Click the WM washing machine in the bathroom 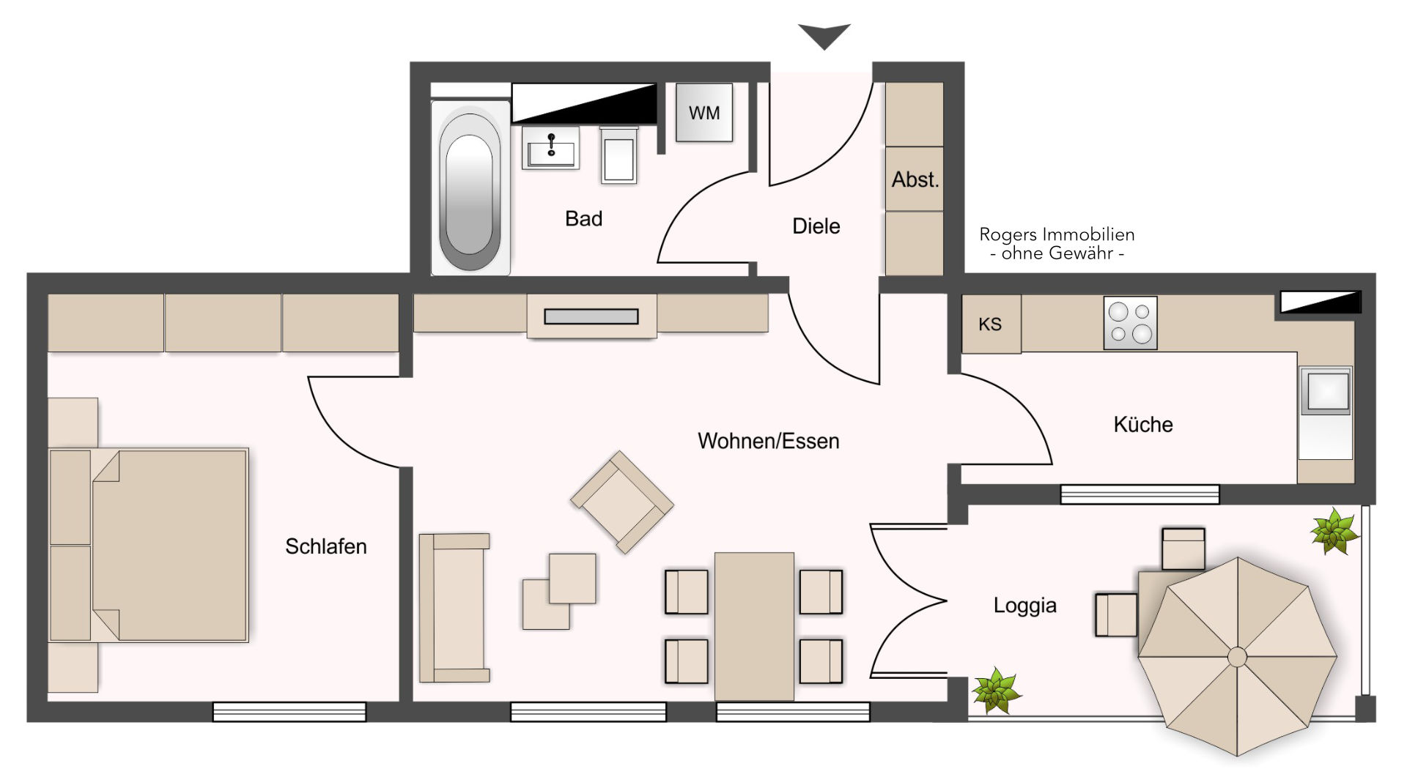pos(703,112)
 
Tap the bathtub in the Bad pos(470,187)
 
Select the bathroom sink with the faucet pos(550,148)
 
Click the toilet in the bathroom pos(619,155)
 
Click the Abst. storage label pos(915,179)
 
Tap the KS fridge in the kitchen pos(991,324)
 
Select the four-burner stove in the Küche pos(1130,322)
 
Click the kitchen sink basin pos(1326,390)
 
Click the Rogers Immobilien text pos(1057,234)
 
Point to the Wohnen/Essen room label pos(768,441)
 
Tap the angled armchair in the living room pos(621,502)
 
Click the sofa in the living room pos(454,608)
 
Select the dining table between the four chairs pos(754,626)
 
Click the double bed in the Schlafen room pos(149,546)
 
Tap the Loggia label pos(1024,606)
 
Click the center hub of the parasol pos(1237,657)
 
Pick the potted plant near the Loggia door pos(996,690)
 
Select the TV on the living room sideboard pos(591,316)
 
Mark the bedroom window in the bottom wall pos(289,712)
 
